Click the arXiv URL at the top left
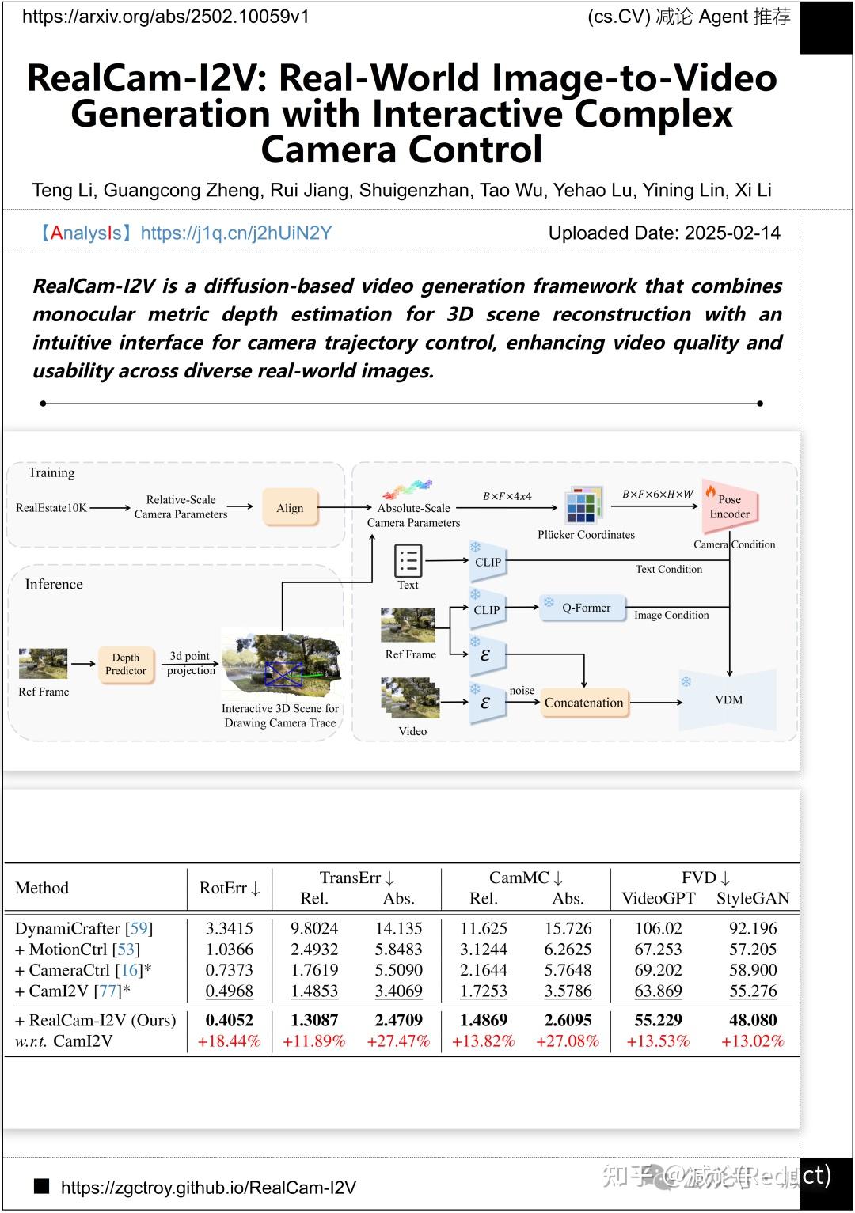tap(165, 17)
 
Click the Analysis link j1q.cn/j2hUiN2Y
tap(236, 233)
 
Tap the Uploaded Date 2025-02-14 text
tap(663, 233)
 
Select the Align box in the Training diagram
tap(290, 508)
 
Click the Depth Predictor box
tap(125, 664)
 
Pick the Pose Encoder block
tap(729, 507)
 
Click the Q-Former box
tap(585, 608)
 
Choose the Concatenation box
tap(583, 703)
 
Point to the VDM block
tap(728, 699)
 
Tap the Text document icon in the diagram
tap(408, 561)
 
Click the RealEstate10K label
tap(51, 508)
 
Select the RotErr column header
tap(230, 888)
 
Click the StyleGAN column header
tap(752, 898)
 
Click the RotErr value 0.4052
tap(229, 1020)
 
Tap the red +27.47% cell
tap(398, 1041)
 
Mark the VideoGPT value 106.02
tap(658, 928)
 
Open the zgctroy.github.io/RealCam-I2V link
tap(208, 1187)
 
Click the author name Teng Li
tap(63, 190)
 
